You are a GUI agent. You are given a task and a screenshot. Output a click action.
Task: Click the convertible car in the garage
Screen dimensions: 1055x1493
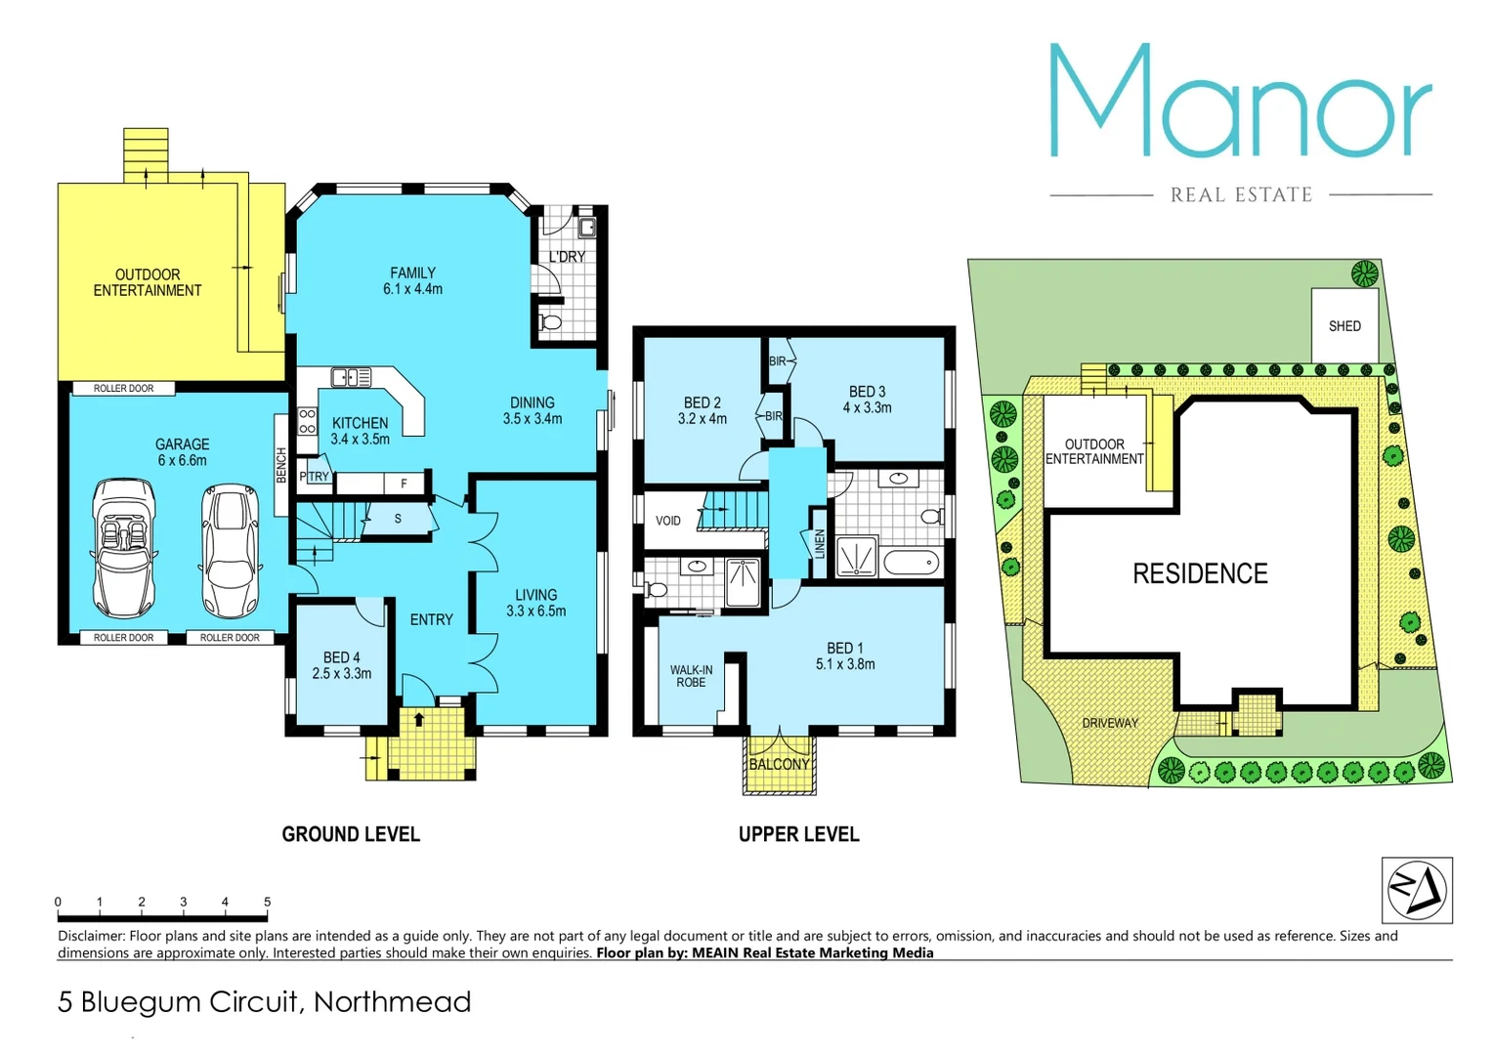(124, 548)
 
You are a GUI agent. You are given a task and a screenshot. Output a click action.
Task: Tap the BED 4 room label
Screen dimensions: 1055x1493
(342, 665)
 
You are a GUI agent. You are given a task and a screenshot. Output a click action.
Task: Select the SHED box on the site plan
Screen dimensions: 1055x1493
(1344, 325)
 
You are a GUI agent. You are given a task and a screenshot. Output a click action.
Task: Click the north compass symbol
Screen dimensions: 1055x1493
(1417, 890)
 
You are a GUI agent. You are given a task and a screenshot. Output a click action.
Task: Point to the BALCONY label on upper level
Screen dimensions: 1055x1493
(779, 764)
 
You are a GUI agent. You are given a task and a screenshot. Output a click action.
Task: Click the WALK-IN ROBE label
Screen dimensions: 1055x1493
(691, 676)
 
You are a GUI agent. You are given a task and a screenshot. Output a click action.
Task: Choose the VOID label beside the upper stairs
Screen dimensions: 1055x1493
(668, 521)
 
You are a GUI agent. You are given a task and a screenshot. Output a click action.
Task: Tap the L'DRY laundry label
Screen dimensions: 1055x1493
(567, 257)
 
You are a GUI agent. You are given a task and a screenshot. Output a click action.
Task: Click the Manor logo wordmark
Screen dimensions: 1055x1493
(1241, 102)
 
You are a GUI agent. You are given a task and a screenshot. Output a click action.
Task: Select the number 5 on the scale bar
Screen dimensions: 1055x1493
(267, 902)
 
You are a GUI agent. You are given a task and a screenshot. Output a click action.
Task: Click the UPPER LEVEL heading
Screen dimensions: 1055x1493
(798, 834)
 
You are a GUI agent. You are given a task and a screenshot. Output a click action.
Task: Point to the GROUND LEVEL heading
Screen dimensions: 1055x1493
(351, 834)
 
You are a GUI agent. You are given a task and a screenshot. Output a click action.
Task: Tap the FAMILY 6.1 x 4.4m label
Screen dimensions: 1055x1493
(412, 281)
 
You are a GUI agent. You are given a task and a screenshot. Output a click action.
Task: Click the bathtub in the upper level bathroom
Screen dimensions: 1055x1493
(911, 563)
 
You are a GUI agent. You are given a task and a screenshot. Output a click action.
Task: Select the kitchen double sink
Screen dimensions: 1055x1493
(351, 377)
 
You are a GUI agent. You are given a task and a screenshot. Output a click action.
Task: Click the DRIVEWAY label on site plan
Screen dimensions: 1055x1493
(1110, 723)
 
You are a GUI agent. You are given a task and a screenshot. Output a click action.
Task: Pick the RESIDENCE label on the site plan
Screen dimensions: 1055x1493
(1200, 573)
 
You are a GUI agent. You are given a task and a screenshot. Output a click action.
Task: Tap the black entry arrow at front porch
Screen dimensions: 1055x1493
(419, 720)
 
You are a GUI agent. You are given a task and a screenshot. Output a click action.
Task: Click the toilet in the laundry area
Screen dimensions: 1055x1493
(549, 322)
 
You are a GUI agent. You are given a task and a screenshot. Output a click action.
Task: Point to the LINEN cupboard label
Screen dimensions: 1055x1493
(819, 544)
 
